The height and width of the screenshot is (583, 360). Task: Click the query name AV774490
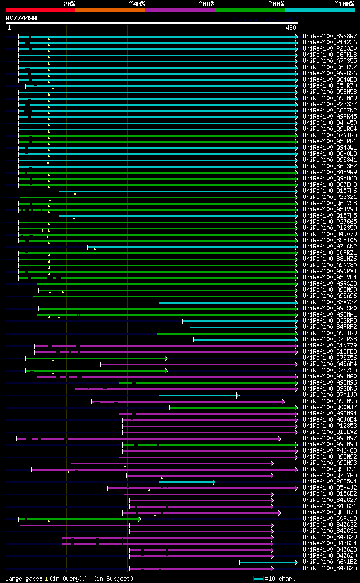21,18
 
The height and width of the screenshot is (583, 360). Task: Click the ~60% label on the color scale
206,4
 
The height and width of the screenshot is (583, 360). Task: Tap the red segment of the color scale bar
40,10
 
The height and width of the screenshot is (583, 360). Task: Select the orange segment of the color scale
110,10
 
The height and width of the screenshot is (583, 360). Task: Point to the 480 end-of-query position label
291,28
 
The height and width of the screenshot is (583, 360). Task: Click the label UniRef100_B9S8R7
330,36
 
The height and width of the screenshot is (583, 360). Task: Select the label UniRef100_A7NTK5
330,135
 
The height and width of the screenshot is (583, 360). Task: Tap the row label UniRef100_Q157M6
330,191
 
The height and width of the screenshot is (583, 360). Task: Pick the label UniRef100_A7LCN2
330,246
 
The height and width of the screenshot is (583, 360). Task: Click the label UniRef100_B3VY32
330,302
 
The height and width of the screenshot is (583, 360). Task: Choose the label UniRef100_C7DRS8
330,339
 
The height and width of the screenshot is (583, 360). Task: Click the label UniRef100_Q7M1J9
330,395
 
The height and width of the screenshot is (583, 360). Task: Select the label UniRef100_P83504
330,481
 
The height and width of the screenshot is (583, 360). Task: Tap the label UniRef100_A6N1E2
330,562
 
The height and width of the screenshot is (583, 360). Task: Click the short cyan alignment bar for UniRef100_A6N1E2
268,562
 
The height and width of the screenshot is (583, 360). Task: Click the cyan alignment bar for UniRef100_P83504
186,482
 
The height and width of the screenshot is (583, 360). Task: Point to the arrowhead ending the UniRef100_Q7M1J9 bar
238,395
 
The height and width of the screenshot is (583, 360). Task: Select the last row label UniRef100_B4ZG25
330,568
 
